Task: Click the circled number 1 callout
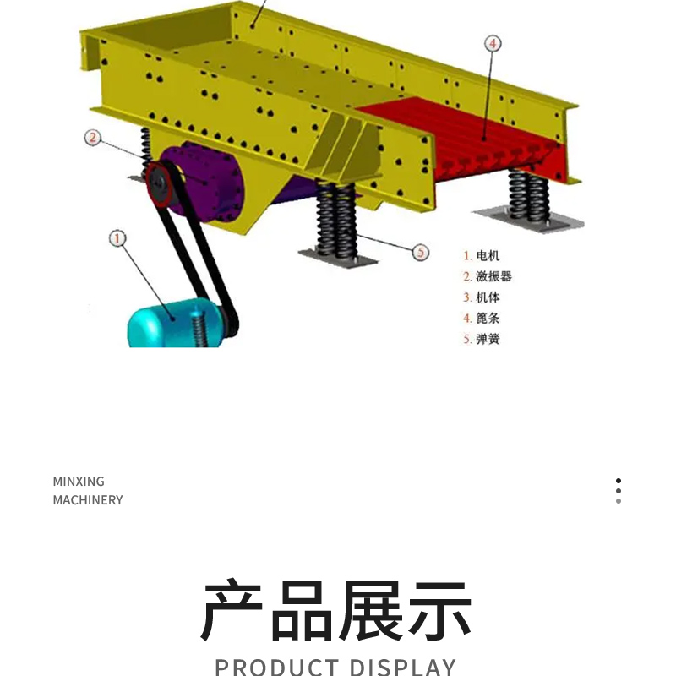[x=117, y=238]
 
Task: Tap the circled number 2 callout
[x=93, y=138]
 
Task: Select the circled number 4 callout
[x=493, y=44]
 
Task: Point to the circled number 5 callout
[x=421, y=252]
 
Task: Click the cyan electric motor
[x=172, y=324]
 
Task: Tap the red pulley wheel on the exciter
[x=159, y=184]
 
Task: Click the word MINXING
[x=79, y=481]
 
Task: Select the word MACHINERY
[x=88, y=500]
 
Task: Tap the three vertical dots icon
[x=619, y=491]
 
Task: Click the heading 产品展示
[x=335, y=610]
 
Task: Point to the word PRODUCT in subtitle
[x=276, y=667]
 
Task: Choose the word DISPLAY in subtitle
[x=402, y=667]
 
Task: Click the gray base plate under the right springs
[x=528, y=220]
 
